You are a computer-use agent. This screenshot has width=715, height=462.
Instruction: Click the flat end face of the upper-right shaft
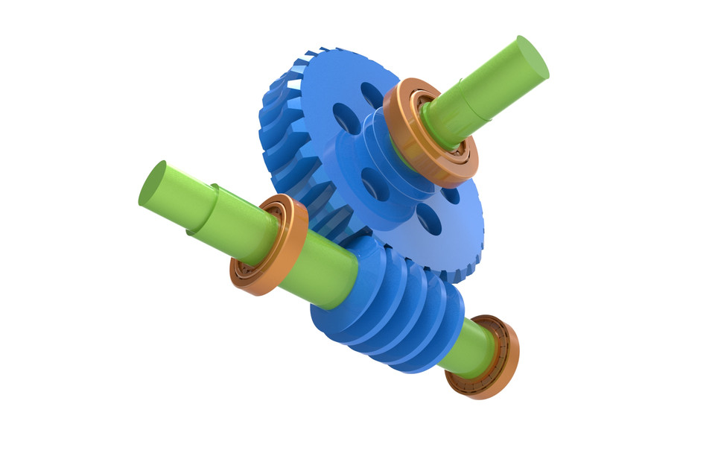[x=532, y=57]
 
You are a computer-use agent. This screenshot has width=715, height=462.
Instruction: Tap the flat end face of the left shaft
[x=152, y=183]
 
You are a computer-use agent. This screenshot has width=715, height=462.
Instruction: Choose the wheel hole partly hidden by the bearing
[x=450, y=195]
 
